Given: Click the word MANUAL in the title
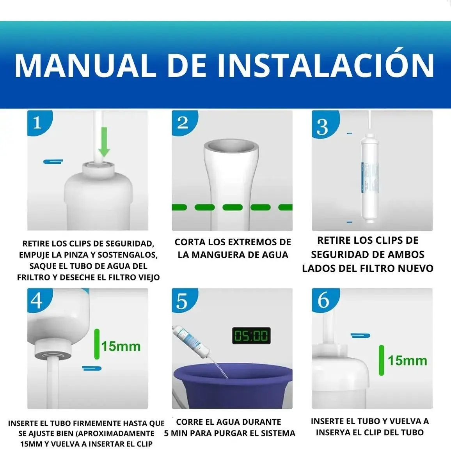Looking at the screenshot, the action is click(x=85, y=66).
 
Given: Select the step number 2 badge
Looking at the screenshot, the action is click(x=185, y=123).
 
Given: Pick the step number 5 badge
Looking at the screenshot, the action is click(x=185, y=300).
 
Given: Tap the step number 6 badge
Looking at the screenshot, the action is click(x=325, y=300).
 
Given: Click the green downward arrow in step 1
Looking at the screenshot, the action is click(x=104, y=142).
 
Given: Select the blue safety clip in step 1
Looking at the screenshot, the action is click(x=53, y=161).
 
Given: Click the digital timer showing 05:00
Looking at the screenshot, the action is click(x=251, y=335).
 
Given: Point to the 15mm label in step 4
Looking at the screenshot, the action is click(x=121, y=346).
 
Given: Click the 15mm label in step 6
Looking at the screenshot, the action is click(x=407, y=361).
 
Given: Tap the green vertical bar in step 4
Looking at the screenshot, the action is click(x=97, y=344).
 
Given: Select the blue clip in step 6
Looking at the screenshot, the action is click(x=360, y=335).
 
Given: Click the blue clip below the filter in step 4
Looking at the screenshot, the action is click(x=92, y=368).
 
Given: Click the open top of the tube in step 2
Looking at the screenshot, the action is click(x=231, y=146).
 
